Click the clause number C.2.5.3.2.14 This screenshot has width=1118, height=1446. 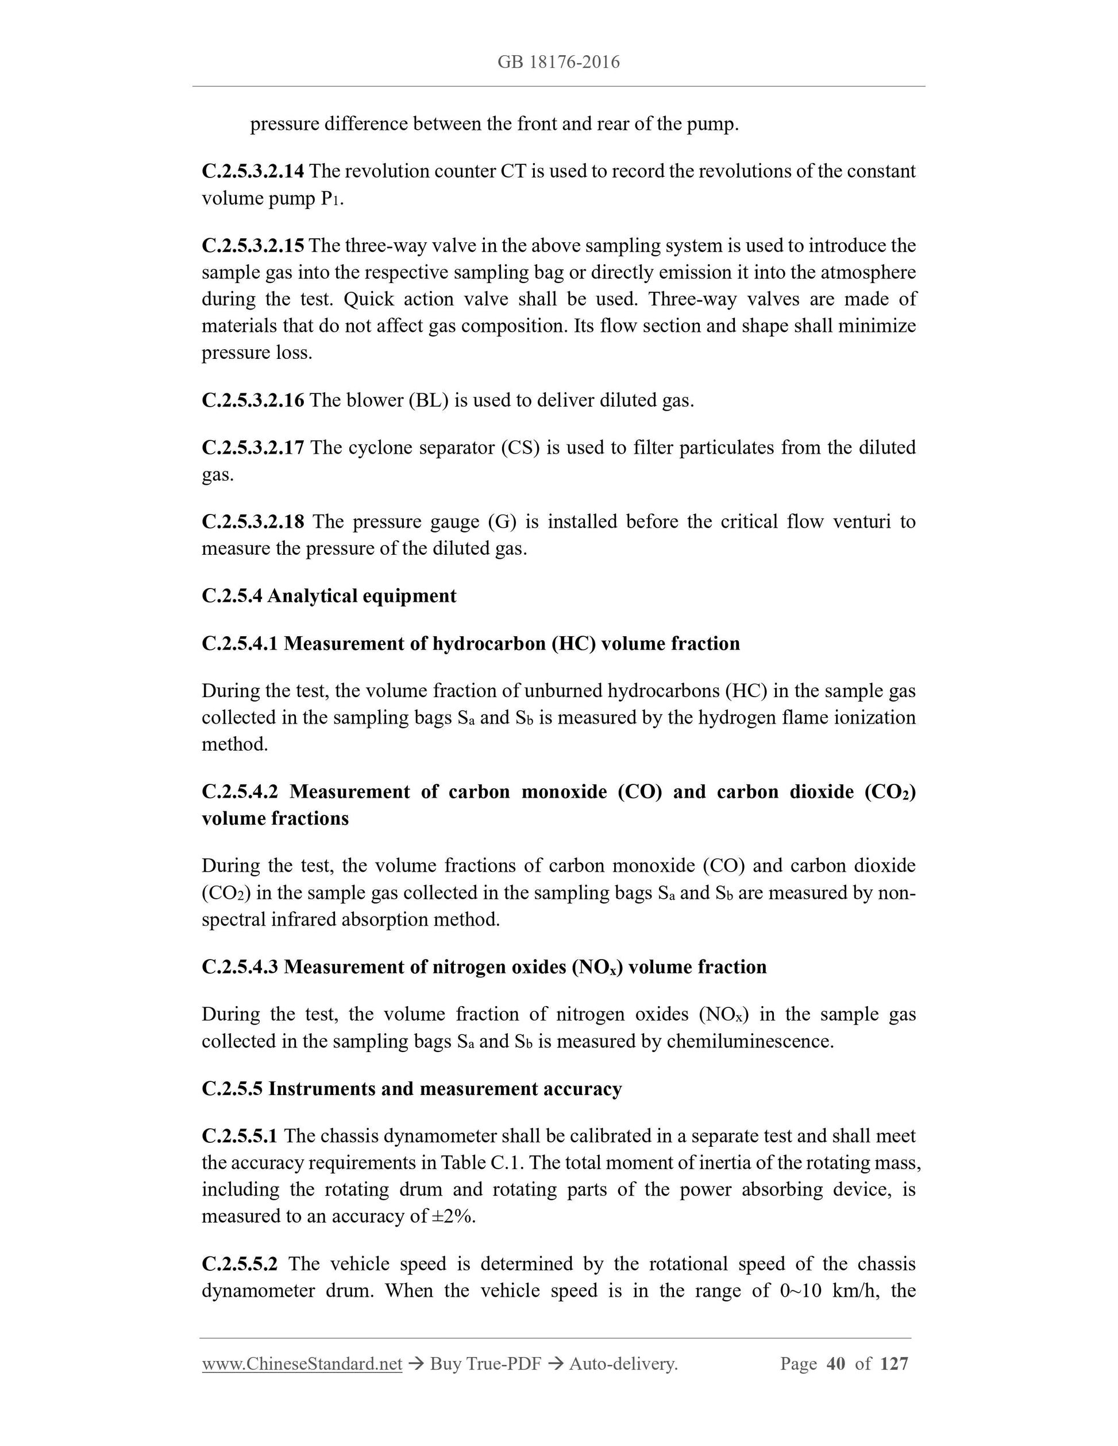(253, 172)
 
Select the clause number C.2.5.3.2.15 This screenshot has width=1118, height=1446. (253, 246)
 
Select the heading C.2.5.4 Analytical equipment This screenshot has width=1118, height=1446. (329, 596)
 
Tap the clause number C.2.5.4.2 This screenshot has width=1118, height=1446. (240, 792)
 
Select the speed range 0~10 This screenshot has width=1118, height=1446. (801, 1291)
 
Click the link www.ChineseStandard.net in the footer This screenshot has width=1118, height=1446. (302, 1364)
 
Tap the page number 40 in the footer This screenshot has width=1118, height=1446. (836, 1364)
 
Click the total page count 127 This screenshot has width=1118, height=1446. (894, 1364)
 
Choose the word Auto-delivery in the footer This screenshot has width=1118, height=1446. (623, 1364)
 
